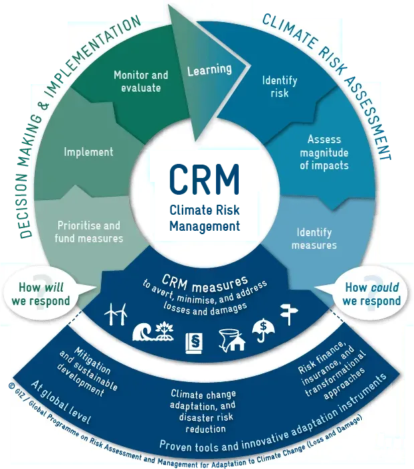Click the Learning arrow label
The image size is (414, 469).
point(209,69)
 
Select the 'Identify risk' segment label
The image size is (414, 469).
point(280,87)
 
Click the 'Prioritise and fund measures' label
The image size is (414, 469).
point(89,232)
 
